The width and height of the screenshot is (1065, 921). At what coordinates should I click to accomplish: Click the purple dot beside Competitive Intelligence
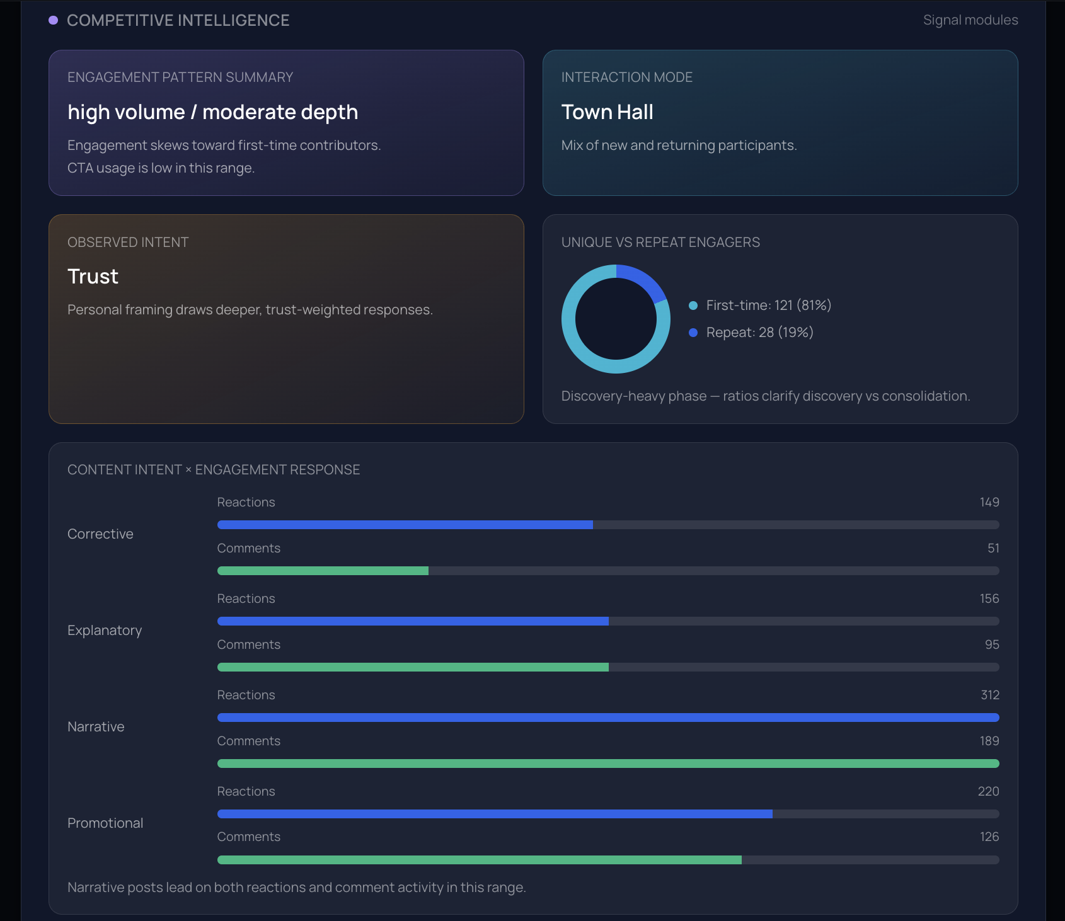54,20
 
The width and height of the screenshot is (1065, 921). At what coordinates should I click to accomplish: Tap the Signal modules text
970,20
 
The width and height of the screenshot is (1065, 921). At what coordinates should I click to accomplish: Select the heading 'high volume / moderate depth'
212,112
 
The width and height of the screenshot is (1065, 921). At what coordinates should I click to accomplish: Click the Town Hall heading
607,112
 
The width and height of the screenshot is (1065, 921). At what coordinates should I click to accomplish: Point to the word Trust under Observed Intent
93,277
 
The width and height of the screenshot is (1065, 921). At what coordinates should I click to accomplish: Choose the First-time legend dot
693,306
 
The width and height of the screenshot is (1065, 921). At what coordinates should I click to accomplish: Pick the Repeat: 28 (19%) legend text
759,333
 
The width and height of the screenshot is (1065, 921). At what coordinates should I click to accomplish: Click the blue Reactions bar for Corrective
405,525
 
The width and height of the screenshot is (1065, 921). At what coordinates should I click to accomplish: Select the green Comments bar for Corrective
323,571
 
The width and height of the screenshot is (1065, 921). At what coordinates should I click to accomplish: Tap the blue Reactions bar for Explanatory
413,621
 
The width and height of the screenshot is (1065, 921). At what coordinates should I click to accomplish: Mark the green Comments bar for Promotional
479,860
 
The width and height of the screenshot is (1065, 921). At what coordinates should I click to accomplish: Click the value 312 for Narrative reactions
989,695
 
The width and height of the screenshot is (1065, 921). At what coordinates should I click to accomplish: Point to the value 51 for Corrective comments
993,548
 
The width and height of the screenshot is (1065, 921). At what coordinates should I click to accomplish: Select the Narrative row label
96,727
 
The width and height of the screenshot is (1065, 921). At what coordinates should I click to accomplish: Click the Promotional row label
105,823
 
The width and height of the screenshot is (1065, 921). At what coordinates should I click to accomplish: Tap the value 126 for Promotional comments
989,837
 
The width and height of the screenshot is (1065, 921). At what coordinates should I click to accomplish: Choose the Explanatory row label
105,631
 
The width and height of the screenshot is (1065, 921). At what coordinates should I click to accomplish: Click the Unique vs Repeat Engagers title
660,243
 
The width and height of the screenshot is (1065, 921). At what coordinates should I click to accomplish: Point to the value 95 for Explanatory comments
991,644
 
